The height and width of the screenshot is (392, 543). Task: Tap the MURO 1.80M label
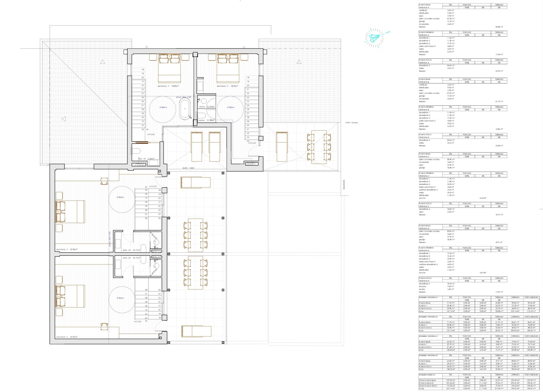[188, 168]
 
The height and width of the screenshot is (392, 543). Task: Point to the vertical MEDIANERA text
[344, 185]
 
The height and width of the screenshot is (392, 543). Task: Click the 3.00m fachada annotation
[351, 123]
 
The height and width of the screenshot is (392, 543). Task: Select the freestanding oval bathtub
[185, 108]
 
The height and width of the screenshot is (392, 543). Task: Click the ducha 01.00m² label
[207, 107]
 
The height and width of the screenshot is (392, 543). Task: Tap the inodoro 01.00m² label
[206, 120]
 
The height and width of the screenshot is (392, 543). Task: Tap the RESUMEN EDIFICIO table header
[427, 375]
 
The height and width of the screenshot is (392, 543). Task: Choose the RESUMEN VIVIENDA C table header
[428, 336]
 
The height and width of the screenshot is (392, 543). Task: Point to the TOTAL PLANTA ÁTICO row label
[428, 386]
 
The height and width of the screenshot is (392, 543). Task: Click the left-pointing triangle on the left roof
[64, 119]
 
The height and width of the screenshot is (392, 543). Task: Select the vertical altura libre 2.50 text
[110, 239]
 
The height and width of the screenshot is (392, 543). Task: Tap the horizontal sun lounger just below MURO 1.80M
[195, 182]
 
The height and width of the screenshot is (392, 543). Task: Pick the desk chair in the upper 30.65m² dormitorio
[104, 181]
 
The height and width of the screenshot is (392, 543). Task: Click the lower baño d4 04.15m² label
[131, 258]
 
